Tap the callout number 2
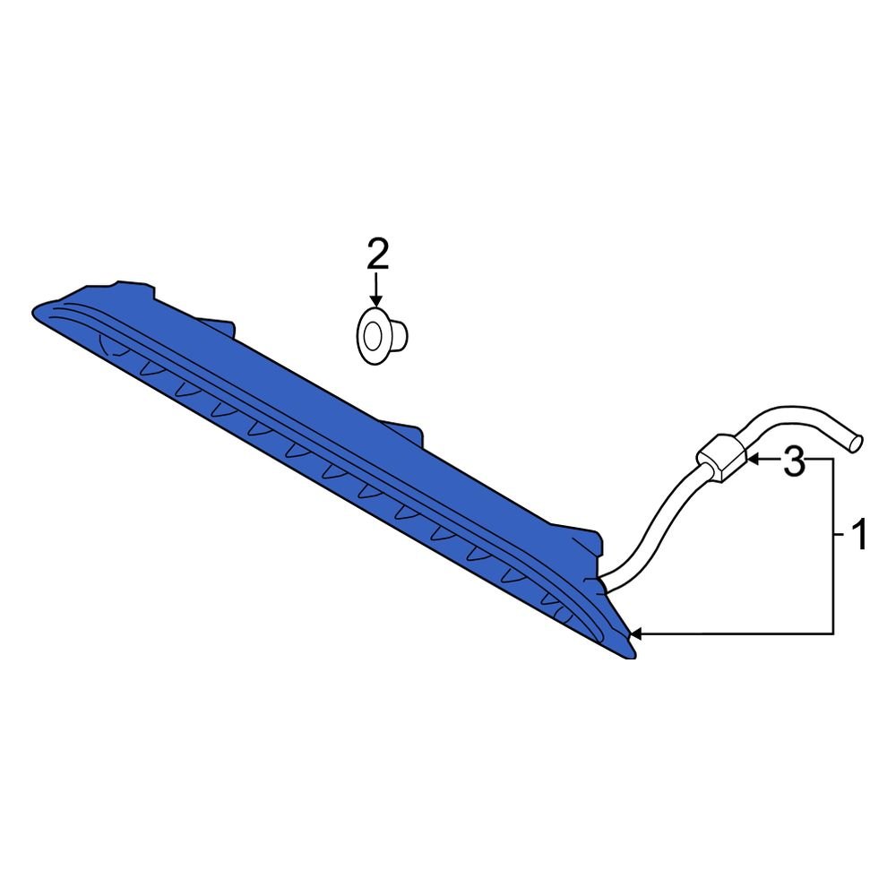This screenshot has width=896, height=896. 377,254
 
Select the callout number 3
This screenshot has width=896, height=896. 794,461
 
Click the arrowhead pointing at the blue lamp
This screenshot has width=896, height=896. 636,633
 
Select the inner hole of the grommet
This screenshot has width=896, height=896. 373,335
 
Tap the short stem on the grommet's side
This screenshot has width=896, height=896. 401,335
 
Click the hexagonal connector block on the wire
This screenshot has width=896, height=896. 721,457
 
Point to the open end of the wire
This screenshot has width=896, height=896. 856,444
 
